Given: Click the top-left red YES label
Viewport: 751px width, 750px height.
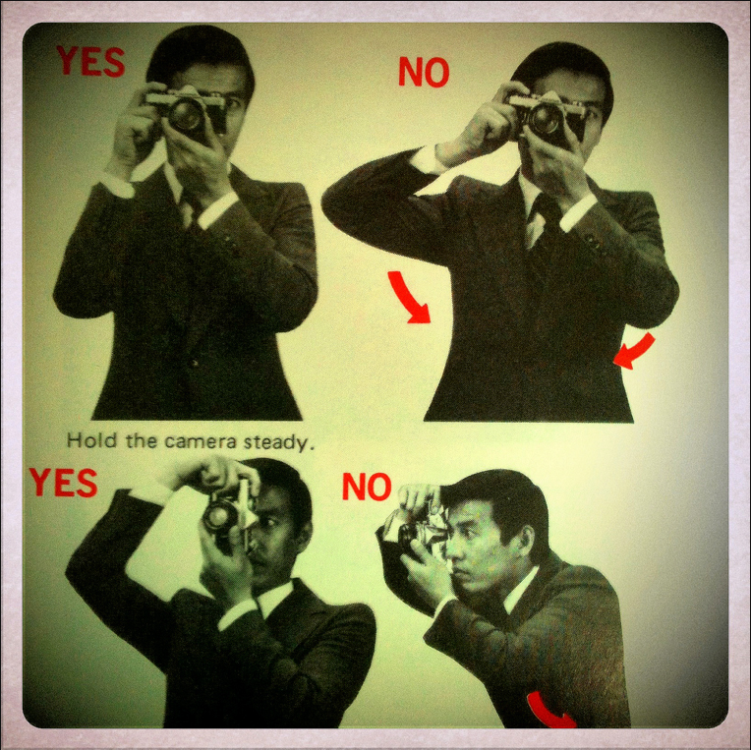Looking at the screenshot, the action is point(90,61).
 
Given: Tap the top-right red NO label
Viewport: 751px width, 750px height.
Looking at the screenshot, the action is point(424,72).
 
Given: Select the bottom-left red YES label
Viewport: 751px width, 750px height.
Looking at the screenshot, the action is point(63,483).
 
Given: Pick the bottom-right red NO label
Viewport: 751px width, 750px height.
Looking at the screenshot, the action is point(367,487).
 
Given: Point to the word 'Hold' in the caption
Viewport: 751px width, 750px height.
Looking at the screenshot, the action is point(91,439).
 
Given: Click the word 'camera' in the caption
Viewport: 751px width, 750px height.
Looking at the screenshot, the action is point(201,441).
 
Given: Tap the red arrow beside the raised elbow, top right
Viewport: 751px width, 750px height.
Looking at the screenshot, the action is point(408,298).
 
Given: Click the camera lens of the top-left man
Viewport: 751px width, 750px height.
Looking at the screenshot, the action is point(186,115).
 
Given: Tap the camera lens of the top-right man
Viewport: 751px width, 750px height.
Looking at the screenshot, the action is point(546,119).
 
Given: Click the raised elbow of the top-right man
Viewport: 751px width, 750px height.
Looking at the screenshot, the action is point(335,202).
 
